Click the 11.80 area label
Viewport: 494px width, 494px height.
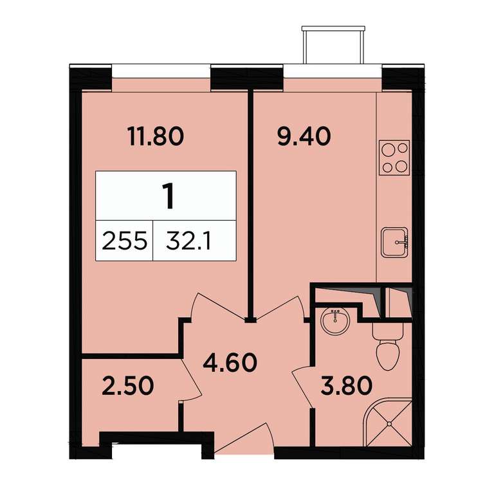156,137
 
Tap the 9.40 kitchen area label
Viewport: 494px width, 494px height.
304,137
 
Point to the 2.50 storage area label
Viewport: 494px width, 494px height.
128,387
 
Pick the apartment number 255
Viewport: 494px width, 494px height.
124,241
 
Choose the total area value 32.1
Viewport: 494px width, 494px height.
188,241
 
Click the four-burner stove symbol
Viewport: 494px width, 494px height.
395,157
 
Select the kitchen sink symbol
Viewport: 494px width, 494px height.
395,242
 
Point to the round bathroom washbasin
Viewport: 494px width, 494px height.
335,320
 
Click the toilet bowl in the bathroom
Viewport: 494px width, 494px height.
387,347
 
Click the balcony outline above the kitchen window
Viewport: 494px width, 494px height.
333,44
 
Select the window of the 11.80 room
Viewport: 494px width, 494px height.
161,71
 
